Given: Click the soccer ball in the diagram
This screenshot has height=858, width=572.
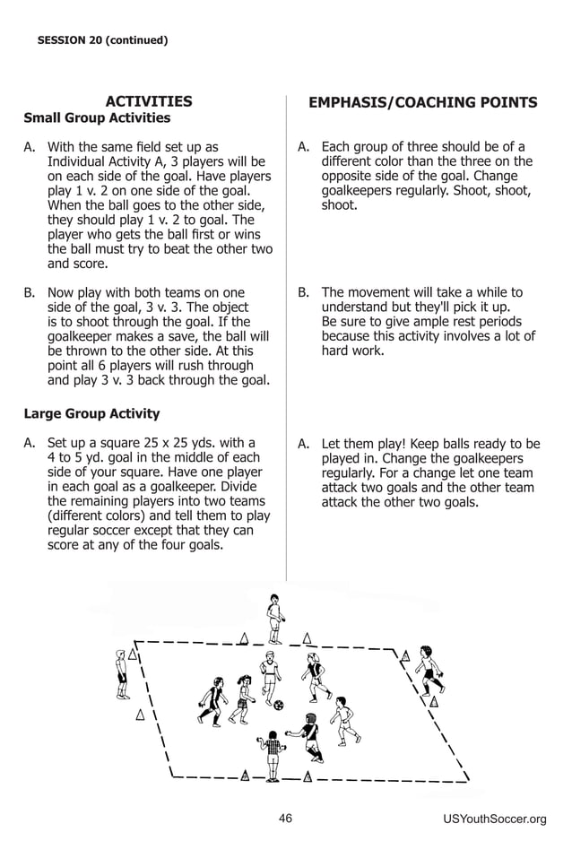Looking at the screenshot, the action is click(278, 705).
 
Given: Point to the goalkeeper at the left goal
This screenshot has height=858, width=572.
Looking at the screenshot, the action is click(121, 673).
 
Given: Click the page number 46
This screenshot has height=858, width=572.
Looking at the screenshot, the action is click(285, 818).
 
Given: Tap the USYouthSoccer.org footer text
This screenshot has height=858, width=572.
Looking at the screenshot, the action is click(494, 819).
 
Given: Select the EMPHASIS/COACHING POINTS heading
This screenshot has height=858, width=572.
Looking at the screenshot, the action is click(422, 103).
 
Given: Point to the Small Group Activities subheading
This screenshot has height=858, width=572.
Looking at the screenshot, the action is click(97, 118).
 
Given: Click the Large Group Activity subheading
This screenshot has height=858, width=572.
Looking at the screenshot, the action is click(91, 414).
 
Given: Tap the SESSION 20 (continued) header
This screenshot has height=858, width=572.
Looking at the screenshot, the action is click(102, 39).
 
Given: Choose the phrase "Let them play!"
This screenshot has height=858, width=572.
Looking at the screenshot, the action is click(365, 444).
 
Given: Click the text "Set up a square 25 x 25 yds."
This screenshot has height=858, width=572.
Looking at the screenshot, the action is click(151, 443).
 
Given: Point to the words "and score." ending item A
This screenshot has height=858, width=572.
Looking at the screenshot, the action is click(77, 264).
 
